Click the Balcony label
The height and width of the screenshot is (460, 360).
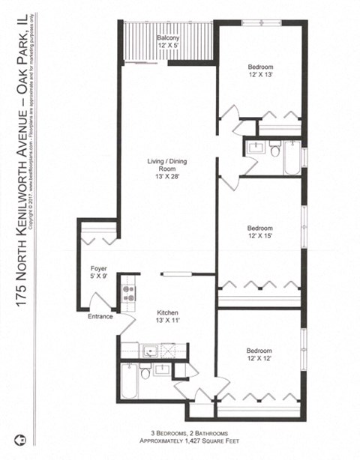click(x=166, y=37)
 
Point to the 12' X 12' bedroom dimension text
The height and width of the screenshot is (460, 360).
click(x=260, y=360)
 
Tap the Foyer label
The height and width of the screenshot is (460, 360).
click(x=98, y=269)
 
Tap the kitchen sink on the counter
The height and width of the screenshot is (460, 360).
click(x=148, y=349)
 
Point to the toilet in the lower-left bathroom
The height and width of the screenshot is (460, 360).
click(x=145, y=372)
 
